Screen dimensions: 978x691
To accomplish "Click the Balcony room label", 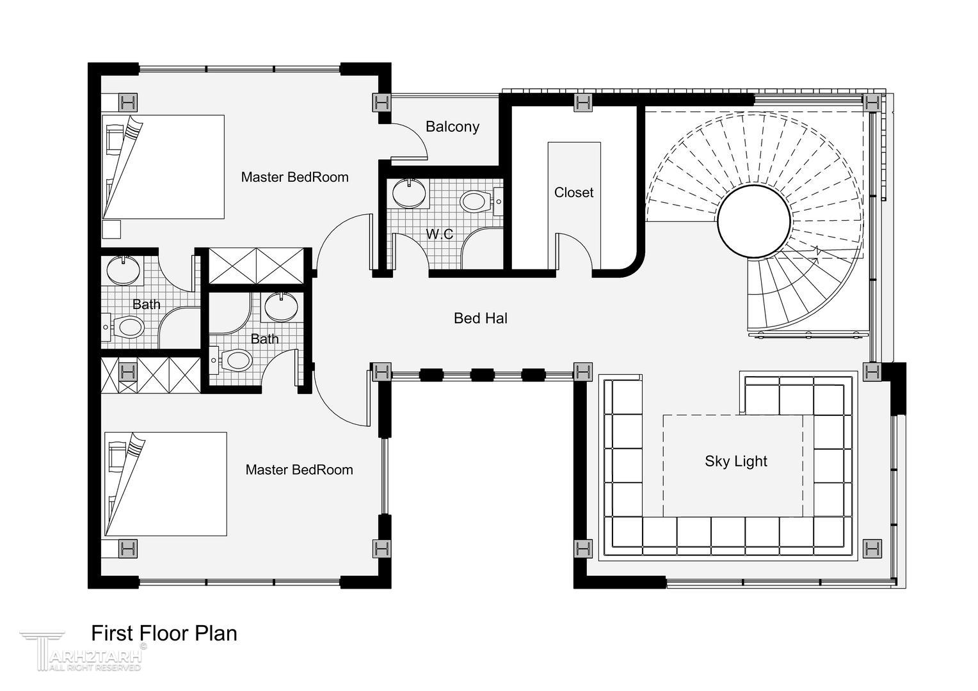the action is point(453,127).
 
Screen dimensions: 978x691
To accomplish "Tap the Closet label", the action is point(573,193).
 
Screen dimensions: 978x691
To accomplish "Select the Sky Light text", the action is point(736,461).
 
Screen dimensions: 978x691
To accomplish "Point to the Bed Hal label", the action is point(481,318).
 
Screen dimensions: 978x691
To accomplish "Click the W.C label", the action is point(440,234).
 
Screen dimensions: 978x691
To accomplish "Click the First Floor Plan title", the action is point(164,633).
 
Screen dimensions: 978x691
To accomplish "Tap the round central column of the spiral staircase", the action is point(754,221).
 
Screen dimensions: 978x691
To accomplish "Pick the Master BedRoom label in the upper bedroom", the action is point(294,177).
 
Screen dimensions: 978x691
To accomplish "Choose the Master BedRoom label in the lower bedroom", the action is point(299,470).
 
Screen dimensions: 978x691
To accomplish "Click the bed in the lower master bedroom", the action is point(166,484).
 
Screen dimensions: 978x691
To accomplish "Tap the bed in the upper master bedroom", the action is point(163,167).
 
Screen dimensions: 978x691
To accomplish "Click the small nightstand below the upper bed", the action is point(111,229).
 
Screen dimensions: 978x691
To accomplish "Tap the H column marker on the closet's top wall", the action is point(583,103).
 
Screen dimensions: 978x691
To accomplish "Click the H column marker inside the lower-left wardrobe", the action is point(127,373).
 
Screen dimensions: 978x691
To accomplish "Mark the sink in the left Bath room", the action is point(124,270).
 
